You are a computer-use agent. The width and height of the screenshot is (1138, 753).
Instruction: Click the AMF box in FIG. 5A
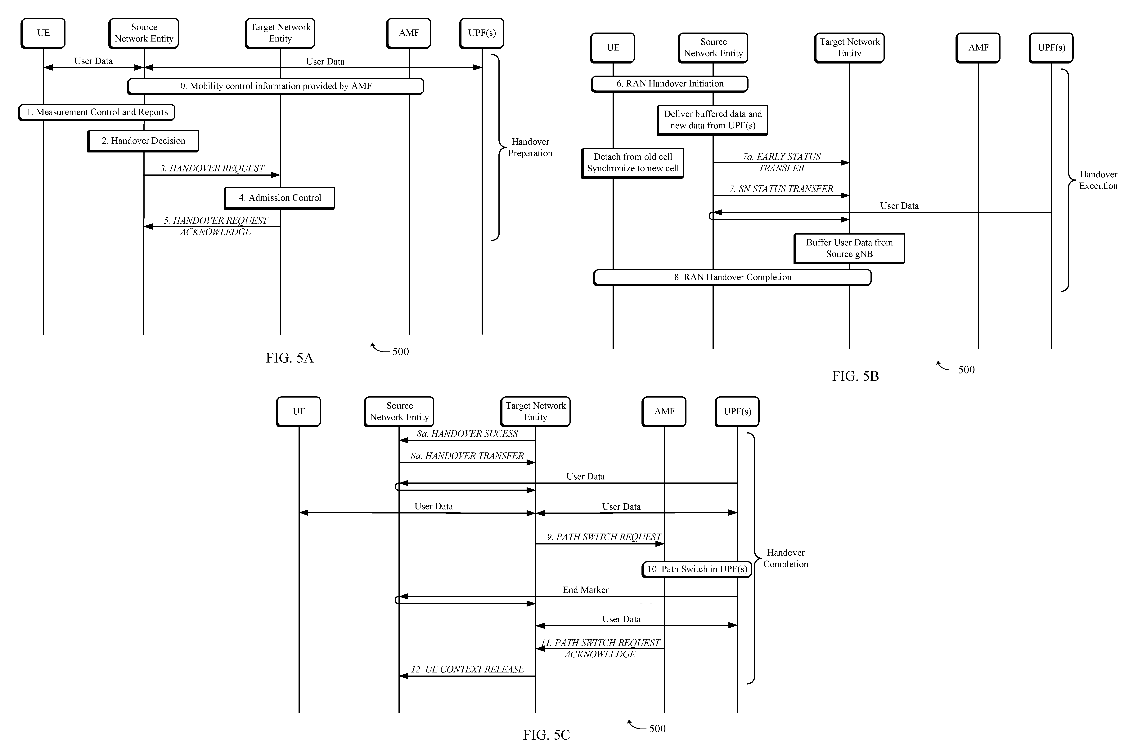tap(409, 33)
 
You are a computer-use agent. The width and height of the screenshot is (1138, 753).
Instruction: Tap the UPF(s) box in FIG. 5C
tap(737, 412)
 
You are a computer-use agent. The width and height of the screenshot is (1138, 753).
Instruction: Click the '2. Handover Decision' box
tap(143, 141)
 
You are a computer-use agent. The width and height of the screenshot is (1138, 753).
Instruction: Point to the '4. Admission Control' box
tap(280, 198)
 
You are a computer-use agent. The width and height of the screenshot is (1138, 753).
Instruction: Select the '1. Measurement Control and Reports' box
tap(97, 112)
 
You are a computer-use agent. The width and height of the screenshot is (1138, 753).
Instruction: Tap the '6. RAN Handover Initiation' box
tap(669, 84)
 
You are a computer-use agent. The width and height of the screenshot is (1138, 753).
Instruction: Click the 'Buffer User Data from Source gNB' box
tap(849, 249)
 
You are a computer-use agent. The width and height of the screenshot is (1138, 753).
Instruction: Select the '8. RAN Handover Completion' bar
tap(732, 278)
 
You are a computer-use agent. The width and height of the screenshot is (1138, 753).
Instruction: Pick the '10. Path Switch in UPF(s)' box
tap(697, 570)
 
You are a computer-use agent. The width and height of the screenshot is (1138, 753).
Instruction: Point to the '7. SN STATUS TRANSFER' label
tap(781, 189)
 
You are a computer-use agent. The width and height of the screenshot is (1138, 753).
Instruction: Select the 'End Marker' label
tap(585, 590)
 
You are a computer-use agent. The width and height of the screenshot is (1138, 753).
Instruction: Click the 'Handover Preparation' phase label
tap(530, 148)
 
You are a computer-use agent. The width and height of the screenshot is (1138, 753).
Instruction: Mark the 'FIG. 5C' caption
tap(547, 735)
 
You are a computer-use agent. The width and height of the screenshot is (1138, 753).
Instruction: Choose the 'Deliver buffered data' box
tap(713, 120)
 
